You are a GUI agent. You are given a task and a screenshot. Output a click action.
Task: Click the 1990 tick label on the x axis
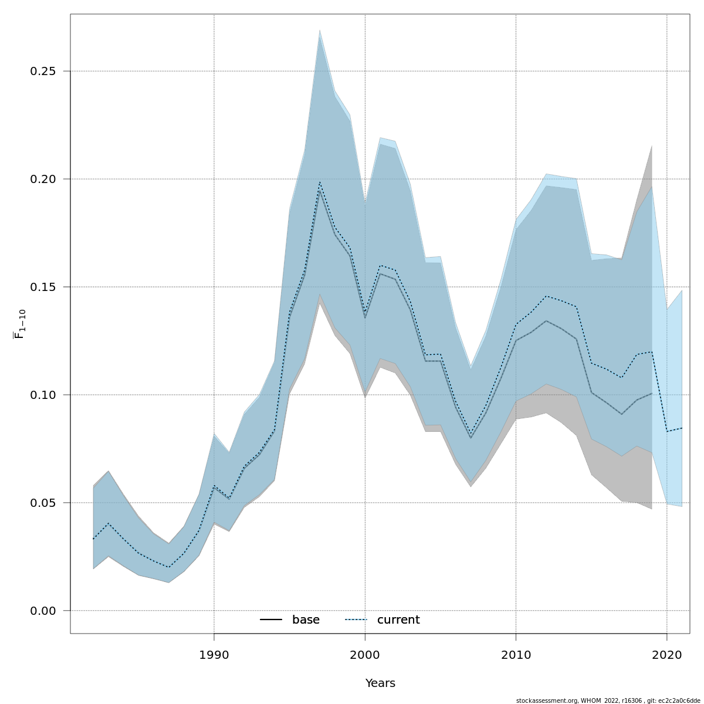(x=214, y=654)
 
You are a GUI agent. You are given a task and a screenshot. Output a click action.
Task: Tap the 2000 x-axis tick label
(x=365, y=654)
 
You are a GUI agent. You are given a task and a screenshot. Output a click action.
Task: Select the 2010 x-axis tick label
(x=516, y=654)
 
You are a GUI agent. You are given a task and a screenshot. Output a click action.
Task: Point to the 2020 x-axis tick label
(x=667, y=654)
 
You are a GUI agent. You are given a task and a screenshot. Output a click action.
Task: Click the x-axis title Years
(x=380, y=683)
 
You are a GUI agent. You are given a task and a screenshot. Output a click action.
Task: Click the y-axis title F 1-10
(x=20, y=324)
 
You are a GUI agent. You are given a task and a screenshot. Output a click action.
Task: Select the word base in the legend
(x=306, y=620)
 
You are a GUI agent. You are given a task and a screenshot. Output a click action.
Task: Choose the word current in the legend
(x=398, y=620)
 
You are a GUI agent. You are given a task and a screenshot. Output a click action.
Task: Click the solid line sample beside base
(x=271, y=620)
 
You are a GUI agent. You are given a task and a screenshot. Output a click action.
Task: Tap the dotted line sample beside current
(x=356, y=620)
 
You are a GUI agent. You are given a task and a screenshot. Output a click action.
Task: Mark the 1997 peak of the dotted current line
(x=320, y=182)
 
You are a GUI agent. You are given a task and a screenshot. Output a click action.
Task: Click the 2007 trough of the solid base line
(x=471, y=438)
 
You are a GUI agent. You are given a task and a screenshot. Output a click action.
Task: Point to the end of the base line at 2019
(x=652, y=394)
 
